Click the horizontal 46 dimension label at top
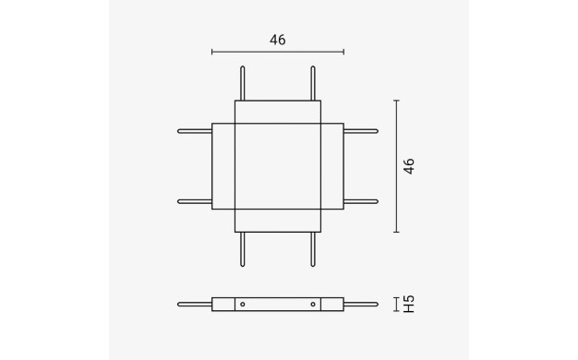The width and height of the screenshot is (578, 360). coord(278,40)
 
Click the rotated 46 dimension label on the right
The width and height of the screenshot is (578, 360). coord(409,166)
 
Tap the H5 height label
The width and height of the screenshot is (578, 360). coord(409,305)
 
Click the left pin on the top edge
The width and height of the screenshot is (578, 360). coord(242,83)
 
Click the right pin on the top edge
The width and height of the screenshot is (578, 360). coord(313,83)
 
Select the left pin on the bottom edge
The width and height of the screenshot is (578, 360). coord(242,249)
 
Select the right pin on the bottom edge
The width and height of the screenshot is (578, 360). coord(313,249)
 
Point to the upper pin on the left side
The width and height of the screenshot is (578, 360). coord(195,131)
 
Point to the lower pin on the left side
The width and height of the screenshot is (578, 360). coord(195,201)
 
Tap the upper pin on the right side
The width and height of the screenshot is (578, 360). coord(361,131)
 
